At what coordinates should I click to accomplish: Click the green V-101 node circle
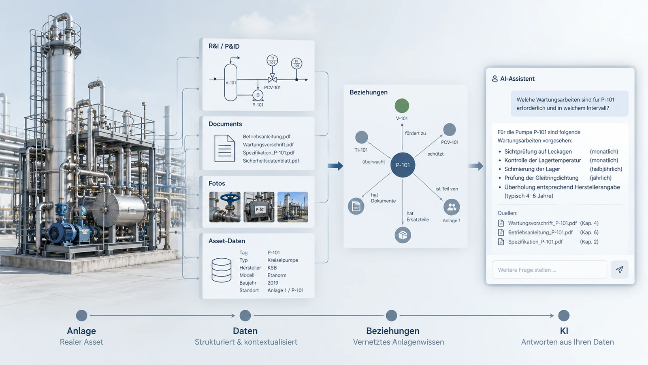click(402, 105)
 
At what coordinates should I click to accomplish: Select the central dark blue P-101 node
click(403, 165)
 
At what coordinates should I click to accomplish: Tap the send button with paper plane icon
click(619, 270)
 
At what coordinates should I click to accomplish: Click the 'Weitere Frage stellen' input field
click(549, 270)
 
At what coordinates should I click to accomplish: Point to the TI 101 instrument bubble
click(272, 60)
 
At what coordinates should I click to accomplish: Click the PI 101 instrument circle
click(296, 63)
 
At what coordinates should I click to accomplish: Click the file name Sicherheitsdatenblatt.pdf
click(271, 161)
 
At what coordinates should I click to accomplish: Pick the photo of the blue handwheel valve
click(225, 207)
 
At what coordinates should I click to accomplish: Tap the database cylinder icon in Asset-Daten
click(221, 270)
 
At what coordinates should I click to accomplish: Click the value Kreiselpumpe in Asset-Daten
click(283, 260)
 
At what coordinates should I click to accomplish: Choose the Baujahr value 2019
click(273, 283)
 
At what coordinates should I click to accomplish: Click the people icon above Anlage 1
click(451, 207)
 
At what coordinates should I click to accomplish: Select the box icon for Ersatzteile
click(403, 235)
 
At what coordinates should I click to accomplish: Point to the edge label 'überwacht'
click(373, 162)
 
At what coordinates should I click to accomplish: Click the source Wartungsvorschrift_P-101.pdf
click(542, 223)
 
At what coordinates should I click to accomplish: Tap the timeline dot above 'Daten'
click(245, 316)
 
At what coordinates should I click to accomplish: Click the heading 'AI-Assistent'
click(517, 79)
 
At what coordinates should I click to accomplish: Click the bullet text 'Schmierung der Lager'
click(532, 169)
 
